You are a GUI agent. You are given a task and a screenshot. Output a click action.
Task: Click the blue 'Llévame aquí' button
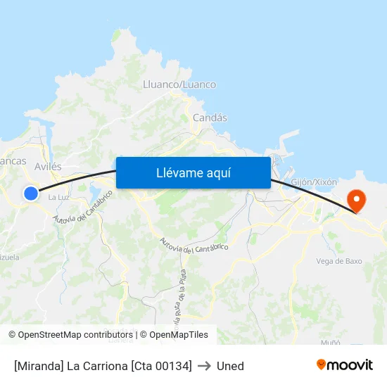[193, 172]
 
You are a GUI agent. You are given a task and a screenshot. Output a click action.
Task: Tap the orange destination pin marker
[357, 201]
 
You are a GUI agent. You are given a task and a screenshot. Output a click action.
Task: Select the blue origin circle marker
[30, 193]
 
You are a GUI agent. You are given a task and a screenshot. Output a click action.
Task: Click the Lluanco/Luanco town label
[179, 84]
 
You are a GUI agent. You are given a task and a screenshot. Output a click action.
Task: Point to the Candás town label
[210, 118]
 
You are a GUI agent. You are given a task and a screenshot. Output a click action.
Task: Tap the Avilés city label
[48, 167]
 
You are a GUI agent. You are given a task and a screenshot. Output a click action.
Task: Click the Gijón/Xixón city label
[314, 182]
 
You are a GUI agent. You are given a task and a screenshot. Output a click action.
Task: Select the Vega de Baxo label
[339, 261]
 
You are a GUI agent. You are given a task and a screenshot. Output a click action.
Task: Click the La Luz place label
[58, 197]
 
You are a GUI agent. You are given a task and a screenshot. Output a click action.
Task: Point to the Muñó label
[330, 342]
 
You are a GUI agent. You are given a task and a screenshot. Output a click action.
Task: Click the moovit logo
[344, 364]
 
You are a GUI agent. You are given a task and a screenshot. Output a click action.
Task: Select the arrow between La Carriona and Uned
[204, 366]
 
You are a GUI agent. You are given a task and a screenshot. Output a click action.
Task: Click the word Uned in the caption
[230, 366]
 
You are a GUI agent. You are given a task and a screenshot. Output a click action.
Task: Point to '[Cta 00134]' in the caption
[161, 366]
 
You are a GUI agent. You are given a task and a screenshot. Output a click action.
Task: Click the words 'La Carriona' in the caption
[96, 366]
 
